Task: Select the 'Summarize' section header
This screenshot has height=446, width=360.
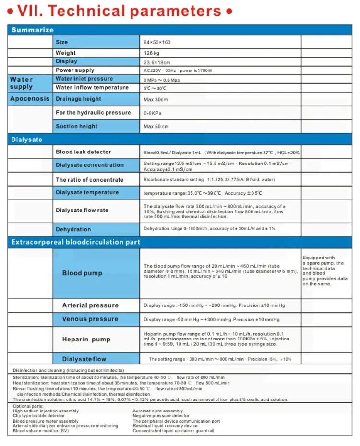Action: [x=33, y=30]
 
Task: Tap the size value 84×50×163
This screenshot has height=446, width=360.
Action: [x=157, y=42]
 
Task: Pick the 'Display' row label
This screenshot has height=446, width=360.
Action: [x=66, y=61]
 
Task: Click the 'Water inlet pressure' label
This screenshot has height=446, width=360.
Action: [x=84, y=79]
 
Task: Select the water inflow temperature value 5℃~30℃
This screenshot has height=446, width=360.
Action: [x=155, y=88]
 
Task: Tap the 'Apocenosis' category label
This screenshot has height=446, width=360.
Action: [x=30, y=99]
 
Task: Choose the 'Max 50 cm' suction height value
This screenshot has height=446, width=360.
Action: [x=156, y=127]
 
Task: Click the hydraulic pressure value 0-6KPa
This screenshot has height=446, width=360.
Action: [x=153, y=113]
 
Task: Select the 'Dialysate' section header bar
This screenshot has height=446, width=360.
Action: [x=27, y=140]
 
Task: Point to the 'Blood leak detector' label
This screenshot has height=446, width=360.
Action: [x=84, y=152]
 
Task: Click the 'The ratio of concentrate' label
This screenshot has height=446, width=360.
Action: [x=90, y=180]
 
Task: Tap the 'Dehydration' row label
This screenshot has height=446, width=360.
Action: [x=73, y=229]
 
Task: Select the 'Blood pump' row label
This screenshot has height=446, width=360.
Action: [x=82, y=273]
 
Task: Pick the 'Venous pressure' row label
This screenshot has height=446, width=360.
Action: [x=90, y=319]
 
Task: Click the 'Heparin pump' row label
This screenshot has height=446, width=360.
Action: [x=86, y=340]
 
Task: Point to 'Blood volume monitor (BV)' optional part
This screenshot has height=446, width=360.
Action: [x=41, y=431]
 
